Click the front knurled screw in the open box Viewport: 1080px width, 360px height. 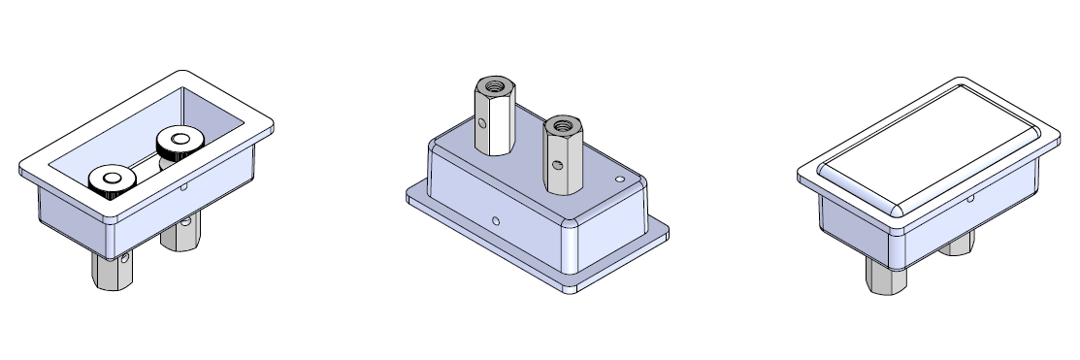pos(110,180)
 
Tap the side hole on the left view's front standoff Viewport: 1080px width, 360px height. pos(126,258)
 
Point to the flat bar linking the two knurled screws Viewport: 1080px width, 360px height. pos(146,162)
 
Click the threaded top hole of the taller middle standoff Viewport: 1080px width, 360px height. pos(494,86)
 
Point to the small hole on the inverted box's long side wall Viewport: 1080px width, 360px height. pos(496,221)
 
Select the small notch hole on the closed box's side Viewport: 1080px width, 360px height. pos(970,199)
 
